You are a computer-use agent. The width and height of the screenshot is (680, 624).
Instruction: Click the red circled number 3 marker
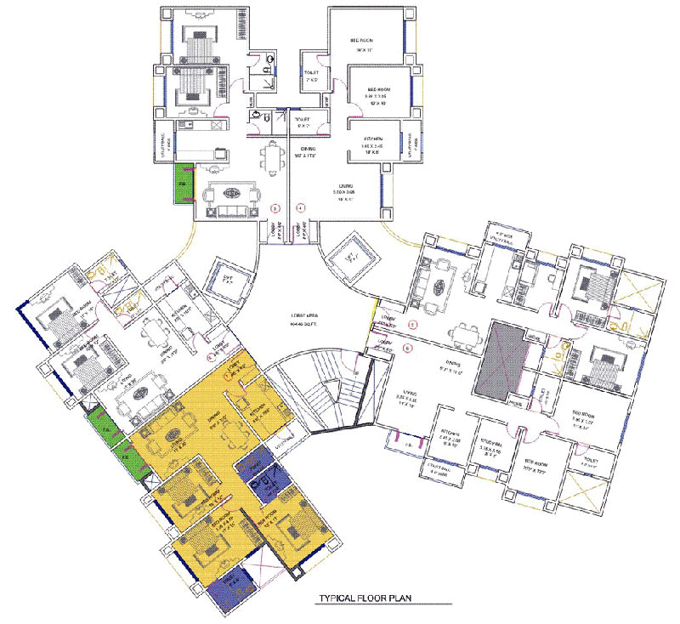275,207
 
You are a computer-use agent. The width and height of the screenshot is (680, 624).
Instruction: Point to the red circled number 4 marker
300,207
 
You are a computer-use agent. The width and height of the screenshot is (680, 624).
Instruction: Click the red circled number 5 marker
413,325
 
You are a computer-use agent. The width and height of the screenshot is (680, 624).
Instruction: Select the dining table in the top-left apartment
271,156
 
